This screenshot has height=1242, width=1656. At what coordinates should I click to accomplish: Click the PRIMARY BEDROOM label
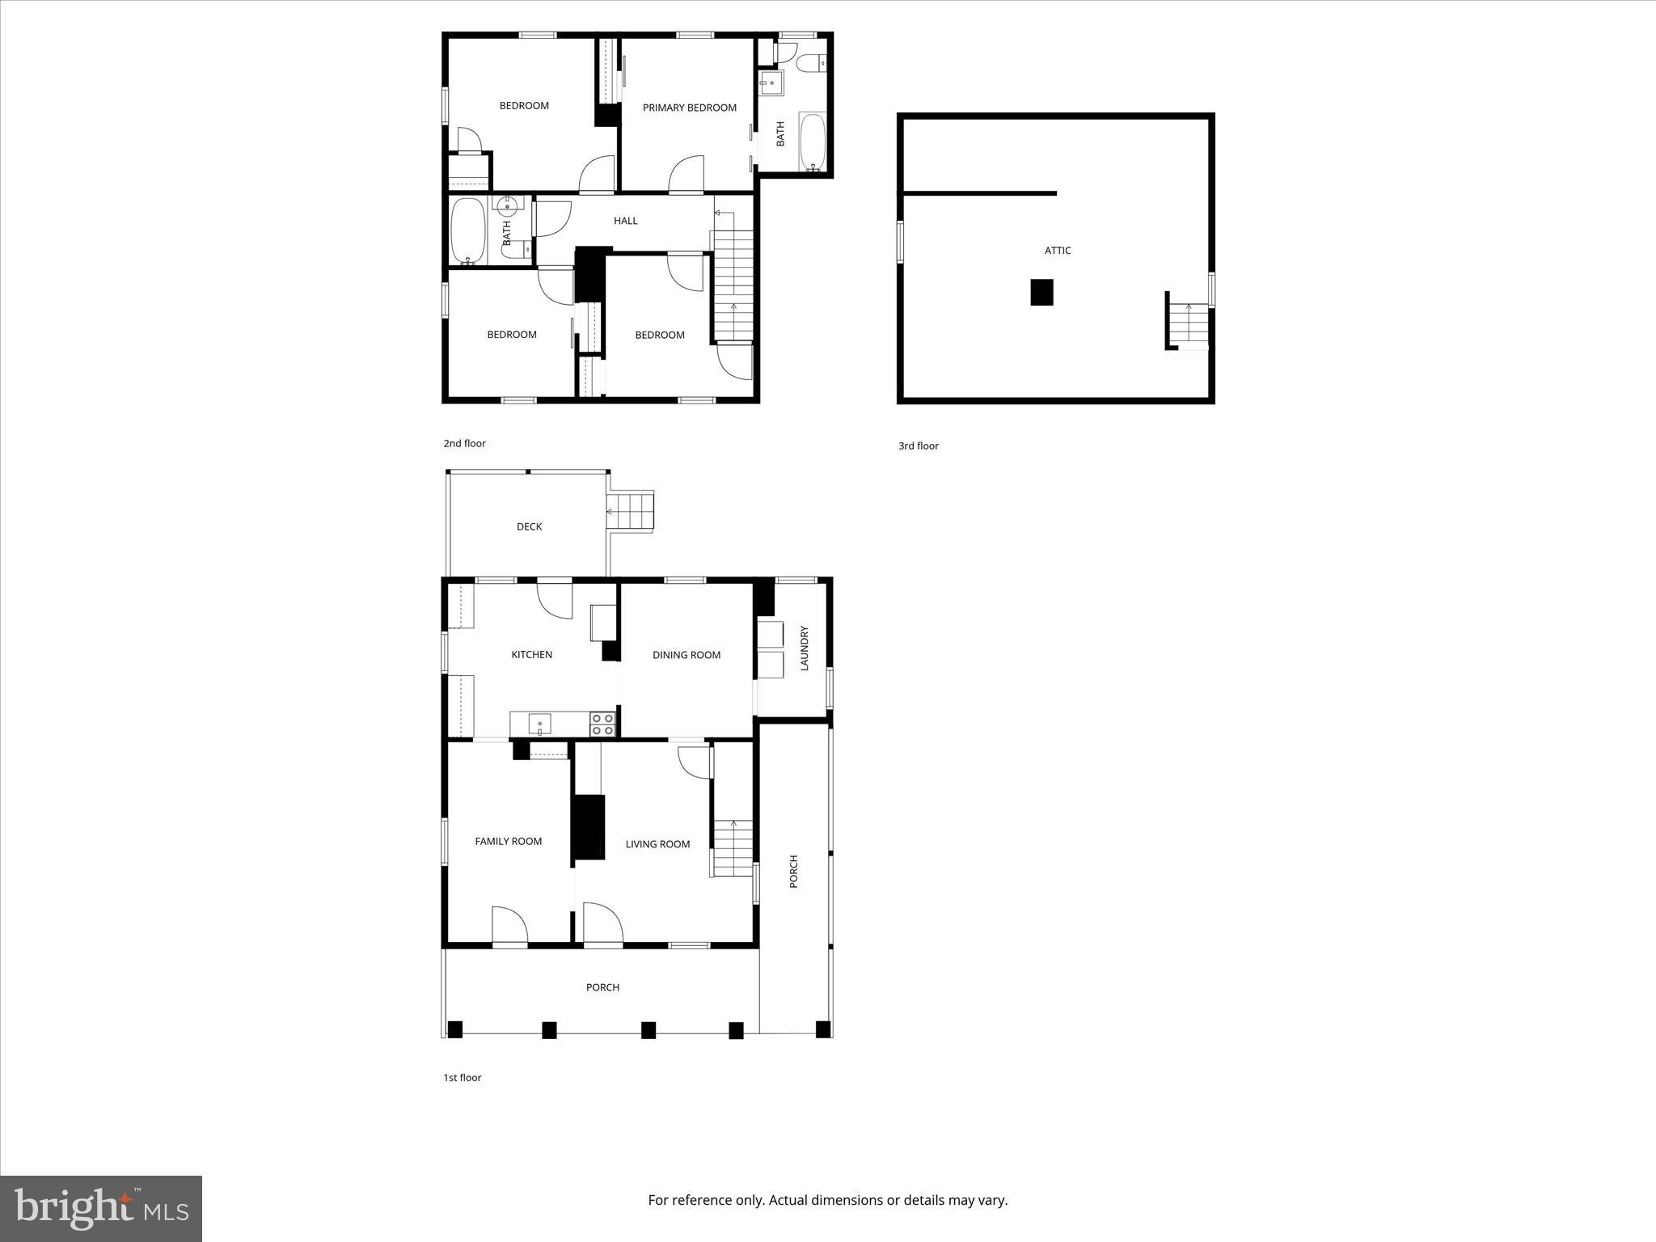(689, 108)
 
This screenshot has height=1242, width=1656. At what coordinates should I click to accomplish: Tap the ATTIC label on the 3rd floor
(1057, 251)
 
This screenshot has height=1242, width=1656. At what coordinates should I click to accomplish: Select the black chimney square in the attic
(1041, 292)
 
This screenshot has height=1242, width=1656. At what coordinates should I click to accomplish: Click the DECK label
(529, 526)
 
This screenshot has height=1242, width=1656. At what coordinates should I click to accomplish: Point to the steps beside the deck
(631, 511)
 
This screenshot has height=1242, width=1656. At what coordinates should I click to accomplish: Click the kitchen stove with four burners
(602, 724)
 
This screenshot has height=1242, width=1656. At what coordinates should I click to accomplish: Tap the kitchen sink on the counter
(539, 723)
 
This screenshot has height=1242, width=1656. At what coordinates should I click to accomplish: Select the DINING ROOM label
(686, 655)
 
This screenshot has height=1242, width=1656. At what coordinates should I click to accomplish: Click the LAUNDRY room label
(804, 648)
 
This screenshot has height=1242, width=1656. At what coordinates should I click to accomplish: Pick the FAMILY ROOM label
(508, 841)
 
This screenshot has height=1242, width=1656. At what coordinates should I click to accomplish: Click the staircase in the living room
(733, 847)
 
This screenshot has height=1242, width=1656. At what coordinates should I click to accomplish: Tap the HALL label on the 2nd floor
(625, 221)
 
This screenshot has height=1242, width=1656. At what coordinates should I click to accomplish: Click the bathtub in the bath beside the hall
(467, 231)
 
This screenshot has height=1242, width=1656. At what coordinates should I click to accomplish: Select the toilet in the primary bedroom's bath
(809, 61)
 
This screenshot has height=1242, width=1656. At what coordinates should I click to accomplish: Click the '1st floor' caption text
(462, 1078)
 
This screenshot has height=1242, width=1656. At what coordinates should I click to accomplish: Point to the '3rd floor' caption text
(918, 446)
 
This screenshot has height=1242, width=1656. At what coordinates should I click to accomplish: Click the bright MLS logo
(101, 1208)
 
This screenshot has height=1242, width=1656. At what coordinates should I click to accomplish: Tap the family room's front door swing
(509, 925)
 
